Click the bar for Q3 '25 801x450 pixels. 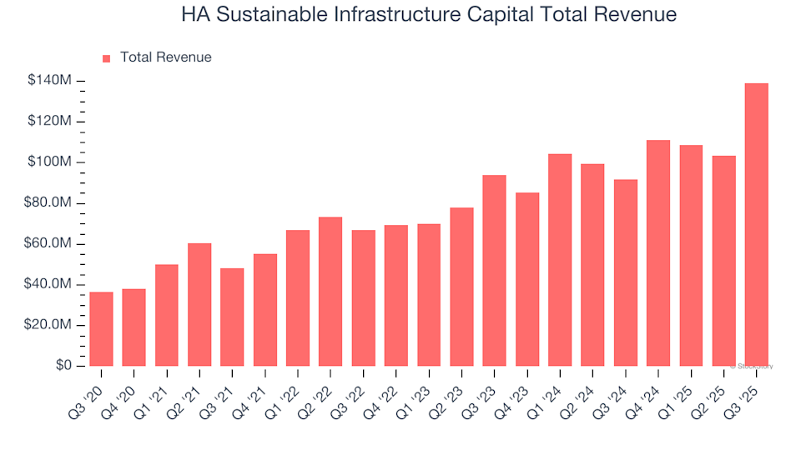click(756, 224)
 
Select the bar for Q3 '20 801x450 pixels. click(101, 328)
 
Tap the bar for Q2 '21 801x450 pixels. click(199, 304)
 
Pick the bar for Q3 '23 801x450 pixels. click(494, 270)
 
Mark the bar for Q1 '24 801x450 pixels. click(560, 259)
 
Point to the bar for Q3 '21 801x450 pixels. click(232, 317)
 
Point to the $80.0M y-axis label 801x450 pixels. click(48, 203)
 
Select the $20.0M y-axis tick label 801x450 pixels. click(48, 325)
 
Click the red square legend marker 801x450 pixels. click(106, 58)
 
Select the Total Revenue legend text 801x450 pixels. click(165, 57)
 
